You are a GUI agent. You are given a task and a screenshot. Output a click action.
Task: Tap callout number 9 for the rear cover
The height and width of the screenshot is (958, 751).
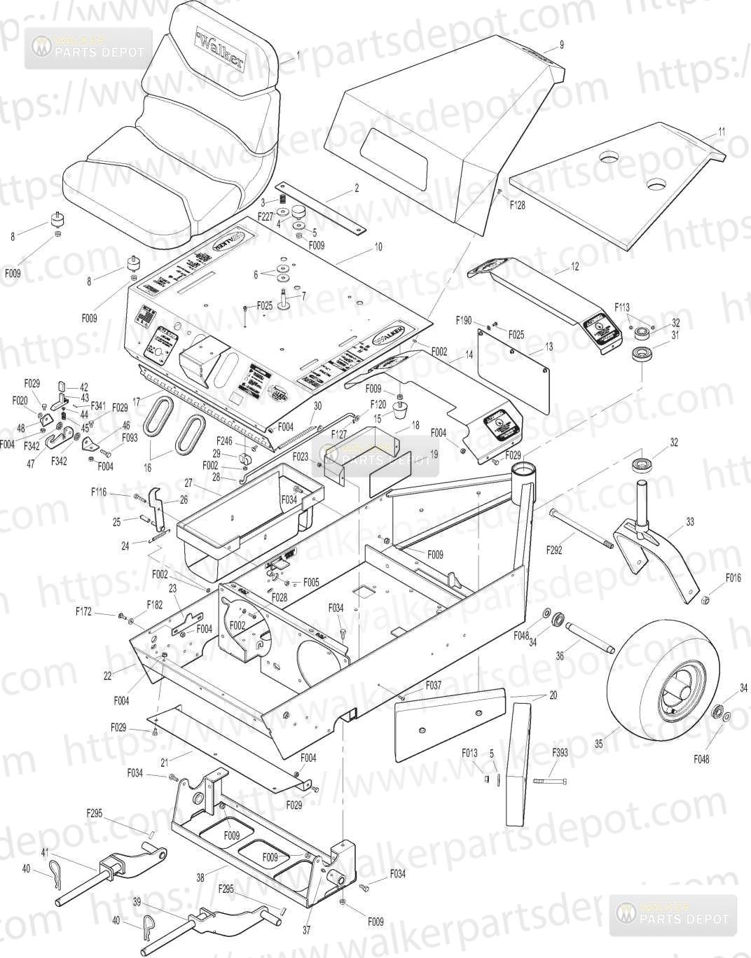coord(561,46)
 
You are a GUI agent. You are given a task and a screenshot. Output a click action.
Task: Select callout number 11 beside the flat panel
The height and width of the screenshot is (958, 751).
coord(722,131)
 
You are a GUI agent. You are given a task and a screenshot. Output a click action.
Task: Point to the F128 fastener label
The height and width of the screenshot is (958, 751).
coord(517,205)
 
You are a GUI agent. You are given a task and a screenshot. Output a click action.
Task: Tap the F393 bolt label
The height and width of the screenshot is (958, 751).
coord(560,753)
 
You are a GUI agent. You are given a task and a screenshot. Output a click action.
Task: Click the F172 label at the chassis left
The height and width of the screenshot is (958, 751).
coord(84,611)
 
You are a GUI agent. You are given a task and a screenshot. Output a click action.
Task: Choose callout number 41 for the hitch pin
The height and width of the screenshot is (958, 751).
coord(45,852)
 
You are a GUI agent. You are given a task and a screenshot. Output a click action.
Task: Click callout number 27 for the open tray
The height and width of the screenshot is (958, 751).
coord(188,483)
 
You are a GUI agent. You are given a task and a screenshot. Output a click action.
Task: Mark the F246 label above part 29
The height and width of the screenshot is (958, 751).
coord(223,440)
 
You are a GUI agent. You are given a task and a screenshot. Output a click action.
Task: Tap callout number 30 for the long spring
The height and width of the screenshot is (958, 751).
coord(317,406)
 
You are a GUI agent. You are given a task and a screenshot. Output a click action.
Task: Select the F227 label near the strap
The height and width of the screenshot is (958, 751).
coord(265,216)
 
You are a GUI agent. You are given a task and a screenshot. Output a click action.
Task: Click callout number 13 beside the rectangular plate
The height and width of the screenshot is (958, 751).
coord(549,347)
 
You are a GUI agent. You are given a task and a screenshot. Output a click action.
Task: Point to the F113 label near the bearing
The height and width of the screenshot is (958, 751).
coord(622,307)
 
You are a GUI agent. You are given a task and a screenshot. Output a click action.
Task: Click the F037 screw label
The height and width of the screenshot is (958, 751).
coord(433,686)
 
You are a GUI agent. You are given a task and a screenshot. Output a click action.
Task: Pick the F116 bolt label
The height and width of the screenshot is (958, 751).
coord(99,493)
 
